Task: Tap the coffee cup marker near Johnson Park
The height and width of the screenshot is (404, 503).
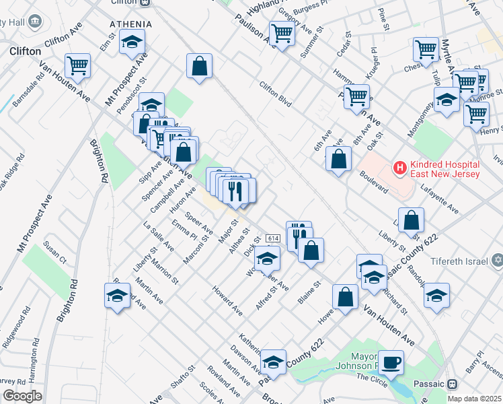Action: pos(391,362)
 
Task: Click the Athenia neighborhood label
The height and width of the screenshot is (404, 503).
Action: pos(131,24)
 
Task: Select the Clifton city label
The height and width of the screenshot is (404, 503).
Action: pos(26,50)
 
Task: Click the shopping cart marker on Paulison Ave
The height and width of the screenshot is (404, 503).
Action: pos(282,32)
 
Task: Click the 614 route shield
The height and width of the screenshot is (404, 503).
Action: pos(272,239)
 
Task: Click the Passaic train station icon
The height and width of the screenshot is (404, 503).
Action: pos(452,384)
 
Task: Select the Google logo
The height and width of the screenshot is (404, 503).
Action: pos(22,396)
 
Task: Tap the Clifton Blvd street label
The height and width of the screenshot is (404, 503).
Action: pos(276,94)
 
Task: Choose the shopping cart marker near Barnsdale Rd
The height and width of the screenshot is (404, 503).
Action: pos(78,66)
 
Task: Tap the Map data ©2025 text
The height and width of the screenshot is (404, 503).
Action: pos(473,399)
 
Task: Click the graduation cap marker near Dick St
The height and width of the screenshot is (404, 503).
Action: pos(267,258)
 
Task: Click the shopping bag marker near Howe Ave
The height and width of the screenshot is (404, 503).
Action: pos(345,297)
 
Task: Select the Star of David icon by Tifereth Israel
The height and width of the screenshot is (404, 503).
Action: pos(498,260)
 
